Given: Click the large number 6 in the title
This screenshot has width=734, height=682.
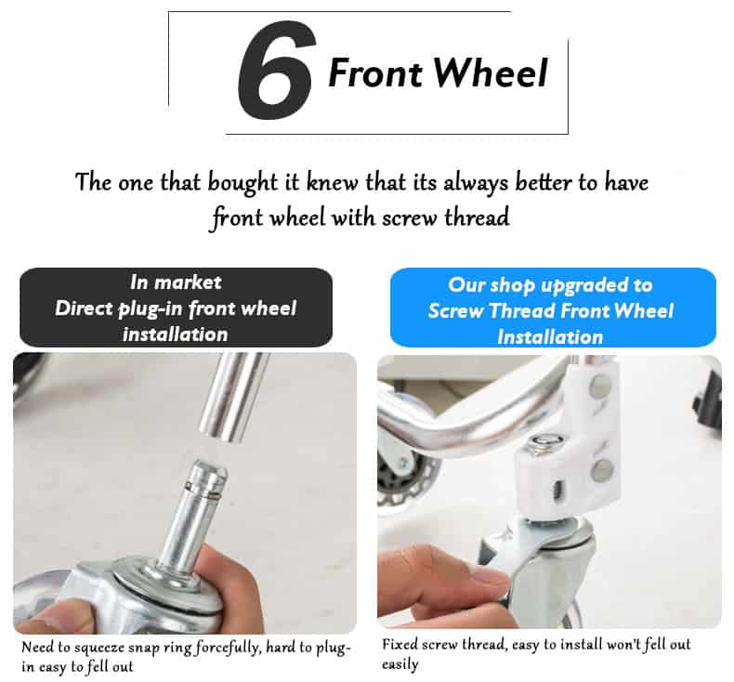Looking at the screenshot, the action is point(275,70).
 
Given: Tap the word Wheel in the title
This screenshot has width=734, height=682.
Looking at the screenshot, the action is point(491,73).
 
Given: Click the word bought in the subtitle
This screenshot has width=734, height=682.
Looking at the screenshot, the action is point(242,182).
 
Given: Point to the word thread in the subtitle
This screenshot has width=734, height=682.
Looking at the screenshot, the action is point(477,217).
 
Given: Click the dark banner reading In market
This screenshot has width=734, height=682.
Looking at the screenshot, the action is point(176,307).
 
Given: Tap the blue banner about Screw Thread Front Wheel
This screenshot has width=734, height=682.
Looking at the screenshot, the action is point(553,307).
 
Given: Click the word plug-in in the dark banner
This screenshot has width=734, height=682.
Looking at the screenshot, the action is point(150,308).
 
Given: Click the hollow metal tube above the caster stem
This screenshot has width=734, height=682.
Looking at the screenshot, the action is point(232,397).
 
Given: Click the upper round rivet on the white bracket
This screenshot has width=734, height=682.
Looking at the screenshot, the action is point(600,387).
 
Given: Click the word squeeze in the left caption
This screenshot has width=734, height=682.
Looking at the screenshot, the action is point(99,649).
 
